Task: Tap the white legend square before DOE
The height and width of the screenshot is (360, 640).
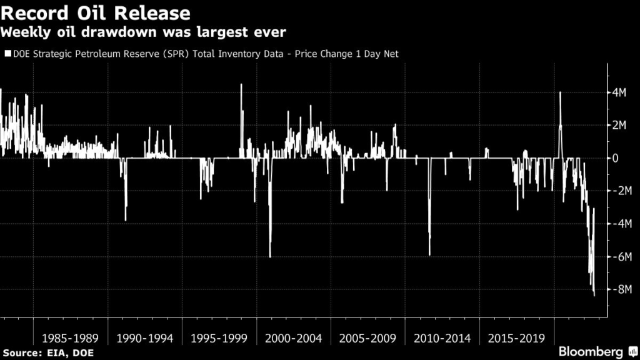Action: click(x=7, y=54)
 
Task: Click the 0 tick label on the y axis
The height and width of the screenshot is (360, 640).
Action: click(x=616, y=158)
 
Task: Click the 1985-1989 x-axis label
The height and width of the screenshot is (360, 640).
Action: click(x=70, y=338)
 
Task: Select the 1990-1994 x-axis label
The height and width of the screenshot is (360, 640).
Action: click(x=144, y=338)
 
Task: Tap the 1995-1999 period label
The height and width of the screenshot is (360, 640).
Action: click(x=219, y=338)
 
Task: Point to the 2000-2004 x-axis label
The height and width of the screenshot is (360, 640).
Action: click(x=293, y=338)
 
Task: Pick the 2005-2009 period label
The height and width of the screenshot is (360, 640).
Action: click(x=367, y=338)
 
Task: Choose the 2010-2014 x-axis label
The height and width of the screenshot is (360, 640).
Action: click(x=442, y=338)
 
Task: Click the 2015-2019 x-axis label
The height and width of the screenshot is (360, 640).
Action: click(x=516, y=338)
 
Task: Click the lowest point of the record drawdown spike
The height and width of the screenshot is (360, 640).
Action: click(x=594, y=295)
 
